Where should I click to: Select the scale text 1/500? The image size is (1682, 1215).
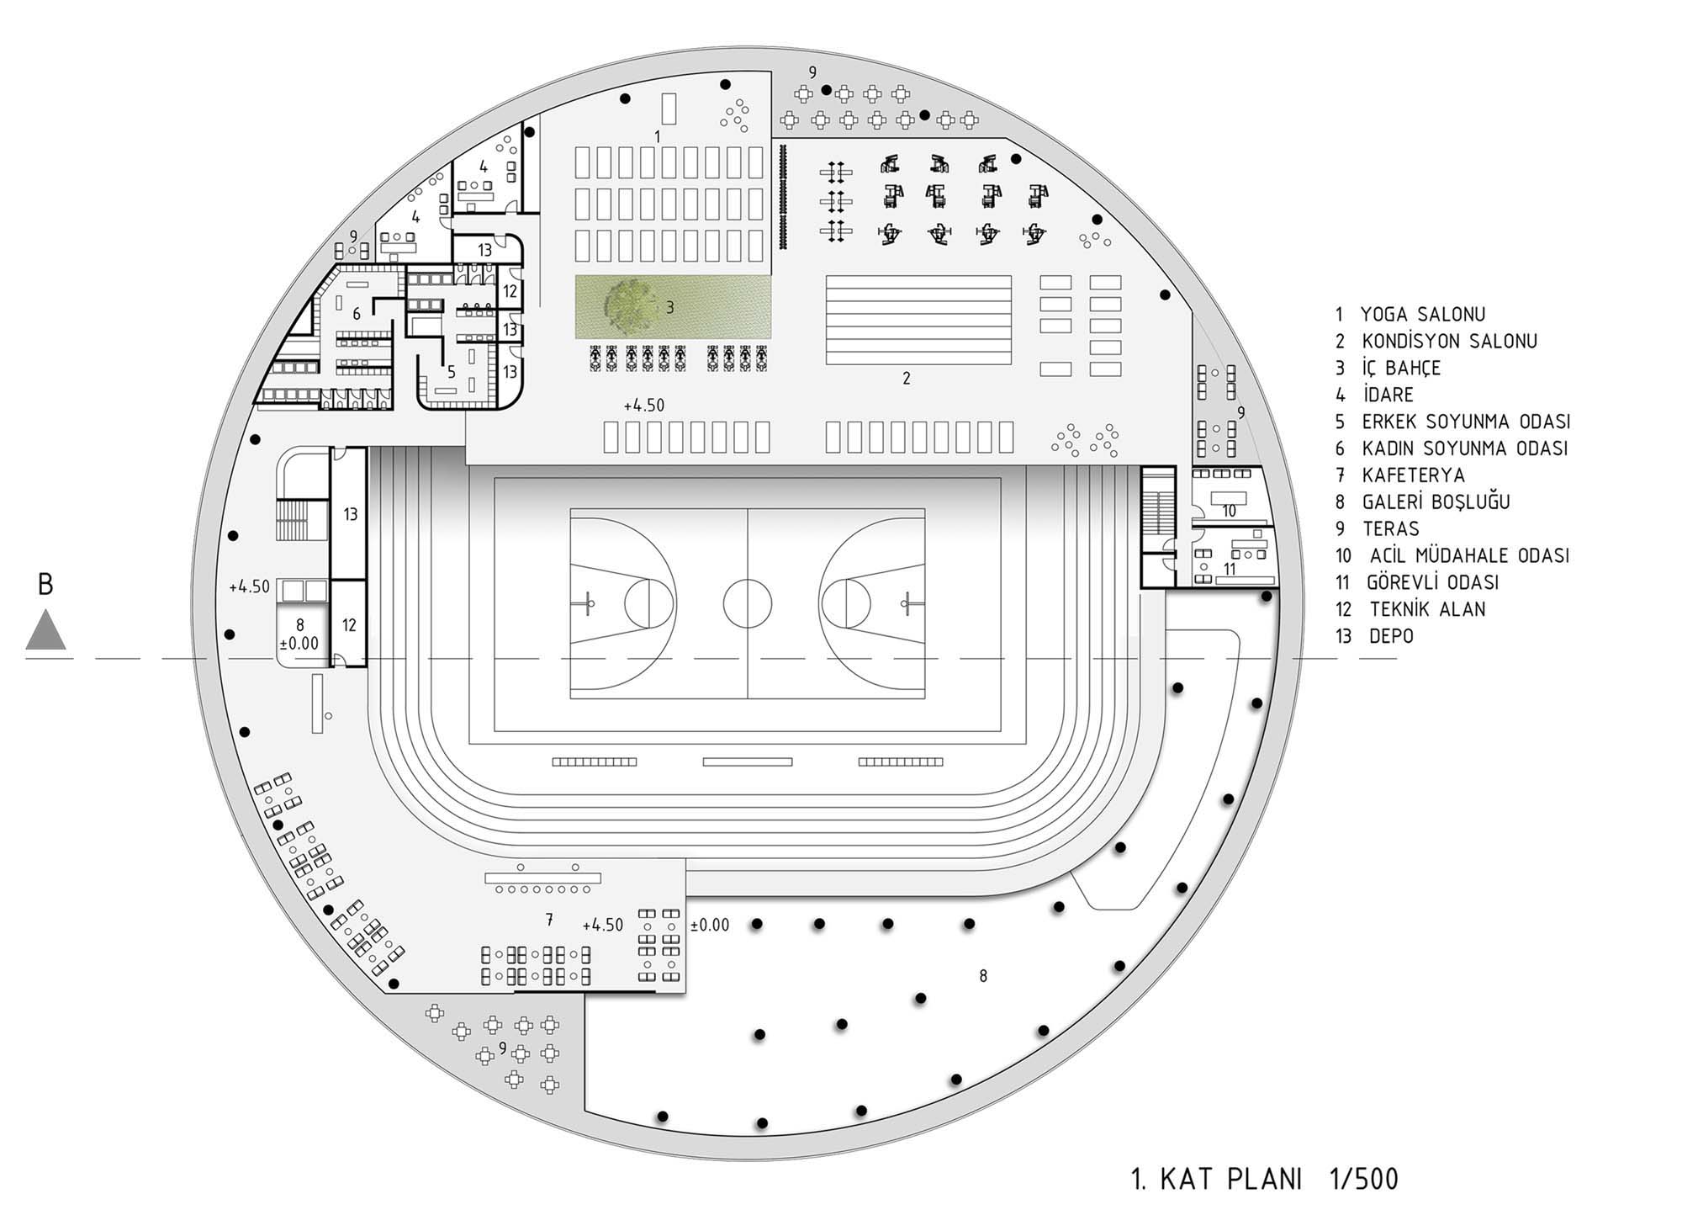click(x=1364, y=1179)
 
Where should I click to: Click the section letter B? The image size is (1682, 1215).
click(x=45, y=584)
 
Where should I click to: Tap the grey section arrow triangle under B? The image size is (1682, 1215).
click(x=45, y=633)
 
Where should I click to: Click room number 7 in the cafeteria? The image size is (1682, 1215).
click(x=549, y=920)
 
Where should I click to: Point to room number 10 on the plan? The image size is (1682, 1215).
click(x=1229, y=511)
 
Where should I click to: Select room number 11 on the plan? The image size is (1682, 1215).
click(x=1230, y=570)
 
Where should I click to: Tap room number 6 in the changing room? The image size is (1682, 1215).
click(x=357, y=314)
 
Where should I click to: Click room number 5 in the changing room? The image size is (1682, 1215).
click(x=452, y=371)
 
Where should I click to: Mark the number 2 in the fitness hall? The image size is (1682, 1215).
click(x=906, y=379)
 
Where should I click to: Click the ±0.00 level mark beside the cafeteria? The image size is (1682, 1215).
click(x=710, y=925)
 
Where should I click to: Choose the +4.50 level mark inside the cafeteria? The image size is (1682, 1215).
click(x=603, y=925)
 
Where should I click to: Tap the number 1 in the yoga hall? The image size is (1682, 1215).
click(x=658, y=136)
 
